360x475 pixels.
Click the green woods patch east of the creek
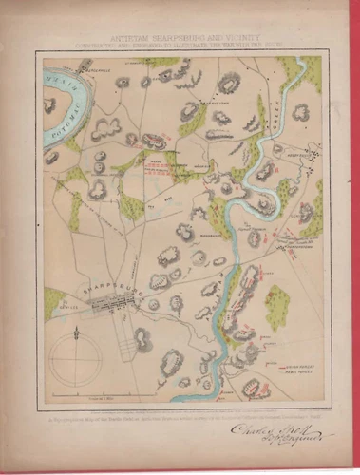point(276,306)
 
